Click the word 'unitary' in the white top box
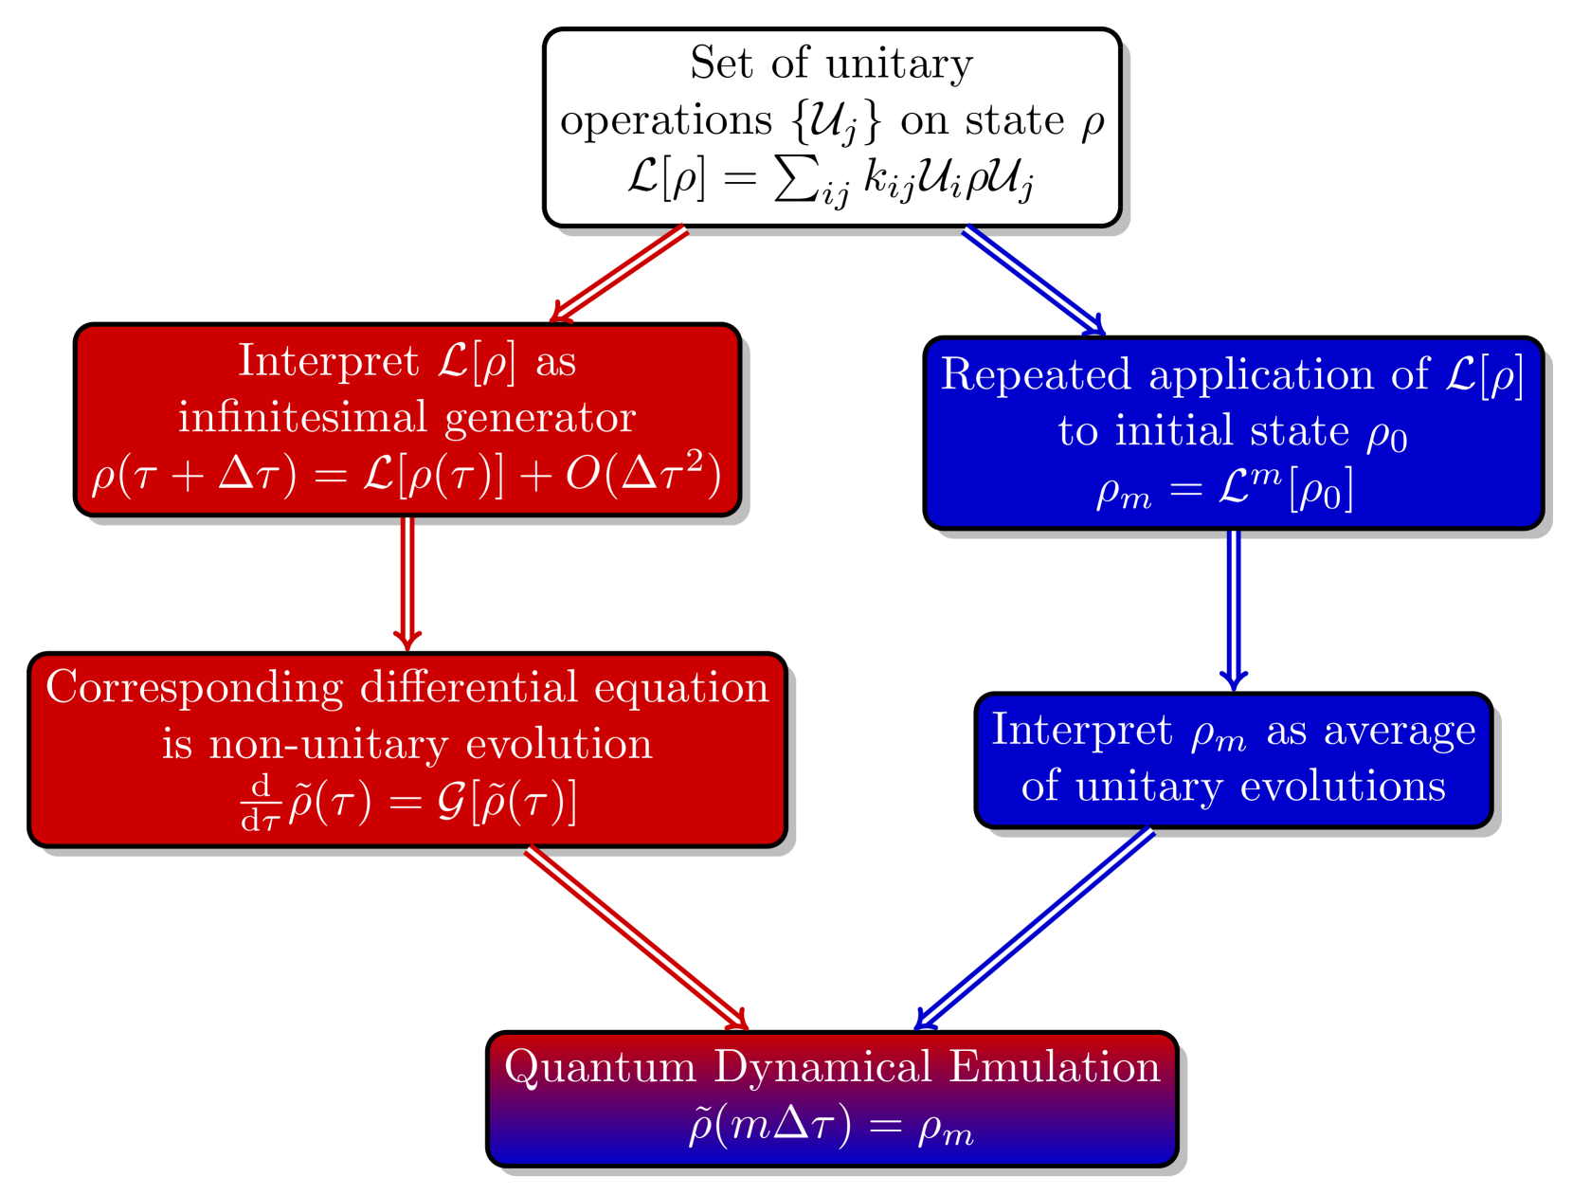pos(898,65)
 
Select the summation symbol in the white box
pos(797,176)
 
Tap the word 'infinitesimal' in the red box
pos(302,417)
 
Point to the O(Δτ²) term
pos(642,473)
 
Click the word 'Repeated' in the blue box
pos(1036,374)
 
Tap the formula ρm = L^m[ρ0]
pos(1224,489)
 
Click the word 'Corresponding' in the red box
pos(194,689)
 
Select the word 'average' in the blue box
pos(1400,732)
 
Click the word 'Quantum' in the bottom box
pos(600,1068)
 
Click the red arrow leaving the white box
pos(619,274)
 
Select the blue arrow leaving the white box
pos(1034,280)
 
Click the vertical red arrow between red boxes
pos(407,580)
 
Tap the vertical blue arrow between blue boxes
pos(1233,607)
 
